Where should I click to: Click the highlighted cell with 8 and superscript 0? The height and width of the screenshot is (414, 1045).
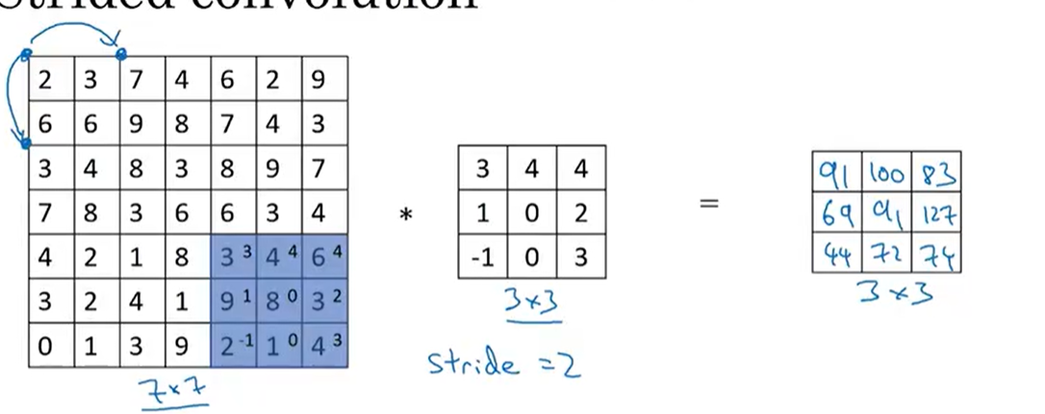[279, 298]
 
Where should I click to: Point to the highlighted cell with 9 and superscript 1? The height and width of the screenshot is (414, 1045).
[234, 298]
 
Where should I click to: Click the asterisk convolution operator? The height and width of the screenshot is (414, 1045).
[405, 216]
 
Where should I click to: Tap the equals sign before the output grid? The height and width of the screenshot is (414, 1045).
[708, 204]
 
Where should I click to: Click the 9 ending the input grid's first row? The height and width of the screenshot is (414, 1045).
[319, 79]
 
